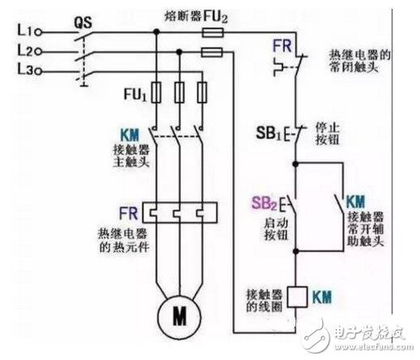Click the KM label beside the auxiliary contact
coord(356,199)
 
